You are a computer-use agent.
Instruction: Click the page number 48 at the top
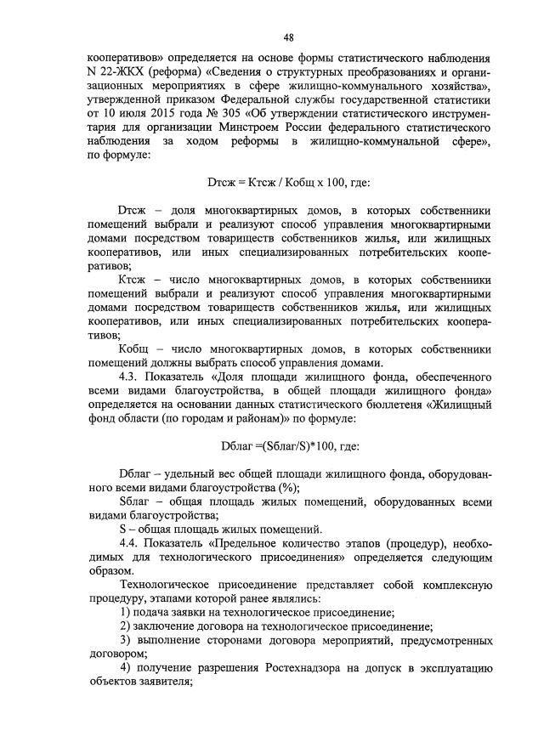(289, 37)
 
